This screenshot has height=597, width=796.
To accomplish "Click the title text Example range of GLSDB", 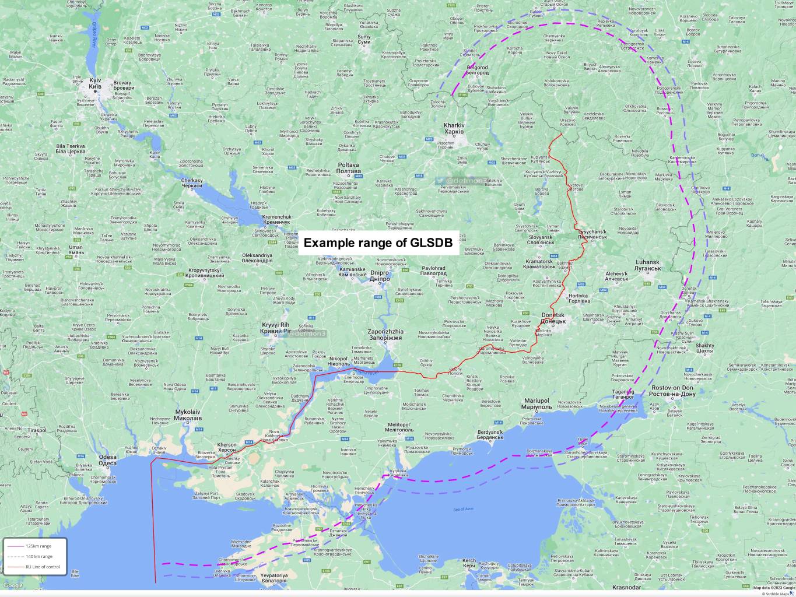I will tap(378, 243).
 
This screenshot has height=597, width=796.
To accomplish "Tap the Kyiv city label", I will tap(95, 83).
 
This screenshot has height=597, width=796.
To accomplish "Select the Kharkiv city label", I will tap(454, 128).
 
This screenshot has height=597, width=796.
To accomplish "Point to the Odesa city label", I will tap(107, 461).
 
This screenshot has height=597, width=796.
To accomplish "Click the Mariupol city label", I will tap(537, 403).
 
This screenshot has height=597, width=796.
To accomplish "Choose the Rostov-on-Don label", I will tap(672, 391).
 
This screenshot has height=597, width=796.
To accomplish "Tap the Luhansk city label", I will tap(648, 265).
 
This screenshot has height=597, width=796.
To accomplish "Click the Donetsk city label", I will tap(553, 318).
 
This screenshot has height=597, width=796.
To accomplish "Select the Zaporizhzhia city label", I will tap(385, 335).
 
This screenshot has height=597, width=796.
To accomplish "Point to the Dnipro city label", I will tap(380, 276).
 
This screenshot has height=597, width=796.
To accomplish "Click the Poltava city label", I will tap(349, 168).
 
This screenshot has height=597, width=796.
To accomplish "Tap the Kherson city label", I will tap(227, 448).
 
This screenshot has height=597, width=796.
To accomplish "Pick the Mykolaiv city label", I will tap(188, 415).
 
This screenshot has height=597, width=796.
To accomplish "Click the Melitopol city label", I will tap(399, 427).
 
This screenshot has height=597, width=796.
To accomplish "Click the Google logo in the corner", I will tap(13, 585).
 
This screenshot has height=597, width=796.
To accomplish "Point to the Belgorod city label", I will tap(477, 69).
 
